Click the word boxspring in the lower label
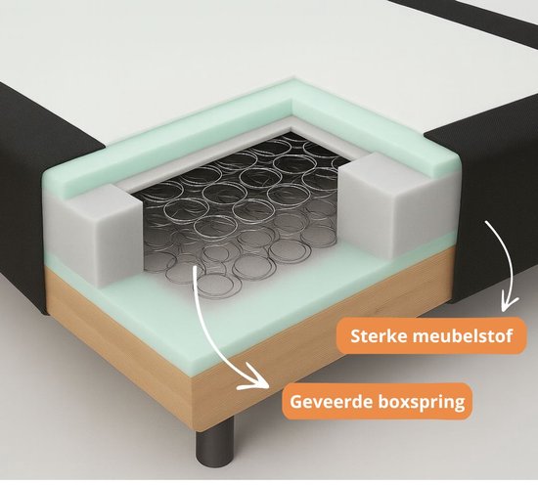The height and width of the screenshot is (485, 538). [x=422, y=402]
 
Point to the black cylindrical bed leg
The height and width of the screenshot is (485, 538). [x=215, y=441]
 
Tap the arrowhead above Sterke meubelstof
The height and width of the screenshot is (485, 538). [x=508, y=303]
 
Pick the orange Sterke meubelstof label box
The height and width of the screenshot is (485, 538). [x=431, y=335]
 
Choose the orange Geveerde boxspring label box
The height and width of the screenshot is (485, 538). [x=377, y=401]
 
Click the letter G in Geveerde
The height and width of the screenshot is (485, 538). [x=296, y=401]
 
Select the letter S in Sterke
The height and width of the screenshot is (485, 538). [x=356, y=336]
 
